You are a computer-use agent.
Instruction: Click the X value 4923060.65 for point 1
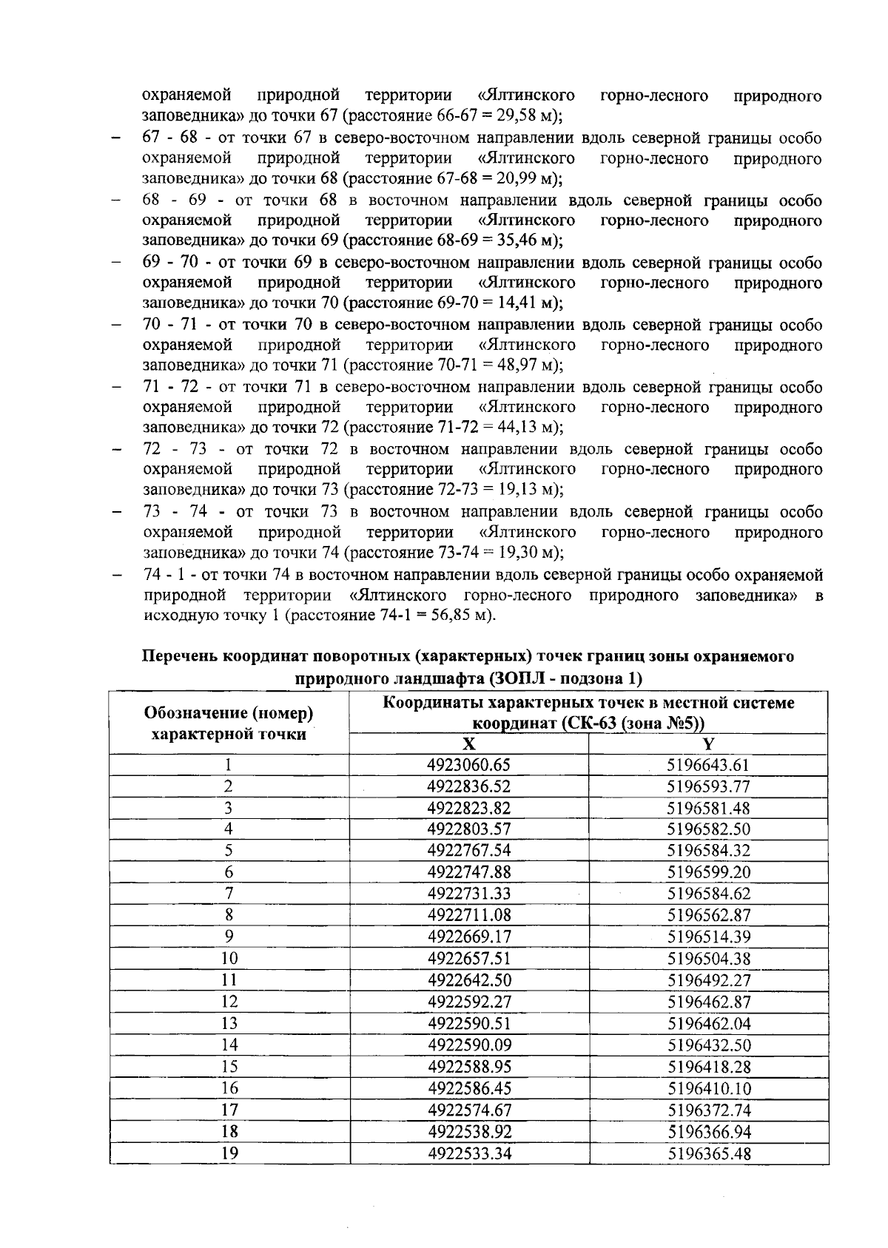coord(469,766)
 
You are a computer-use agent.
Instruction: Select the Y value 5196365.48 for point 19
coord(708,1153)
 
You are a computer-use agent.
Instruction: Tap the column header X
coord(469,744)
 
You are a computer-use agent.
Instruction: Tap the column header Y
coord(708,744)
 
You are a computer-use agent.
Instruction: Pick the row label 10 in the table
coord(229,959)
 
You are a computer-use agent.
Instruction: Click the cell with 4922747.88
coord(469,872)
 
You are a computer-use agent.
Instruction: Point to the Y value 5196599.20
coord(708,872)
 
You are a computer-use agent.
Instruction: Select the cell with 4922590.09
coord(469,1045)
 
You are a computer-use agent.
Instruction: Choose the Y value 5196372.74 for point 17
coord(708,1110)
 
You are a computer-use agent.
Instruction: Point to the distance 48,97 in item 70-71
coord(502,365)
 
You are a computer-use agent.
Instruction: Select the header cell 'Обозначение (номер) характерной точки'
coord(229,723)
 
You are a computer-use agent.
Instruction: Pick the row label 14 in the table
coord(229,1045)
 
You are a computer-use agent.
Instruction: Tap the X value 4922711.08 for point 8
coord(469,915)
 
